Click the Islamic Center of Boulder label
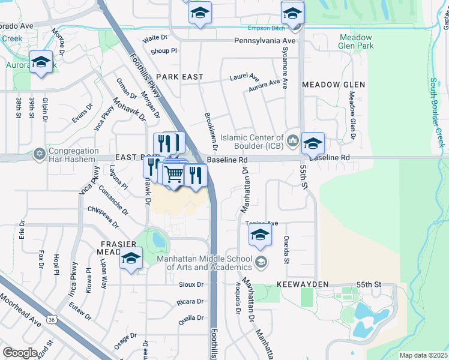pos(252,142)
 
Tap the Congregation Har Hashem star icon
pos(40,154)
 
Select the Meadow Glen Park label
pos(356,41)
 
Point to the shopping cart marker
pos(173,174)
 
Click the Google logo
pos(20,353)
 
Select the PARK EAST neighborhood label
pos(179,77)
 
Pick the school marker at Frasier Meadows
pos(130,258)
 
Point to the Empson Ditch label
pos(266,28)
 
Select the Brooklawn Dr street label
pos(210,131)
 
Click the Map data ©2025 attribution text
pos(424,355)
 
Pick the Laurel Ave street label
pos(244,78)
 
